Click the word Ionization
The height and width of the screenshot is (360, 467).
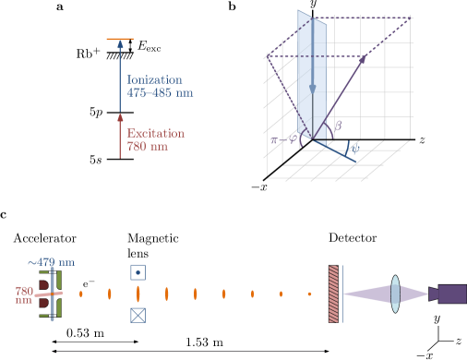click(x=154, y=80)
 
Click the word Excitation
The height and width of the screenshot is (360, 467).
click(x=155, y=134)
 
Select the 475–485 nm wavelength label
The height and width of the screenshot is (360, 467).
click(x=160, y=93)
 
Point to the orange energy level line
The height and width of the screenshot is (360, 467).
click(x=119, y=40)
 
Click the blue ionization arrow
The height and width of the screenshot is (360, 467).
click(x=119, y=74)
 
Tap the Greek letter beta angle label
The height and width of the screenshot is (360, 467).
click(x=338, y=126)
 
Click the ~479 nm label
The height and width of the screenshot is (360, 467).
click(x=51, y=263)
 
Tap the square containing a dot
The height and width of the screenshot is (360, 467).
click(x=138, y=272)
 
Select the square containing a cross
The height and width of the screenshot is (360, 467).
click(x=138, y=315)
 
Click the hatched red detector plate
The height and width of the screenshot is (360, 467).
click(x=333, y=294)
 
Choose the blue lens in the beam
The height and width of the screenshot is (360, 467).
click(x=395, y=294)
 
